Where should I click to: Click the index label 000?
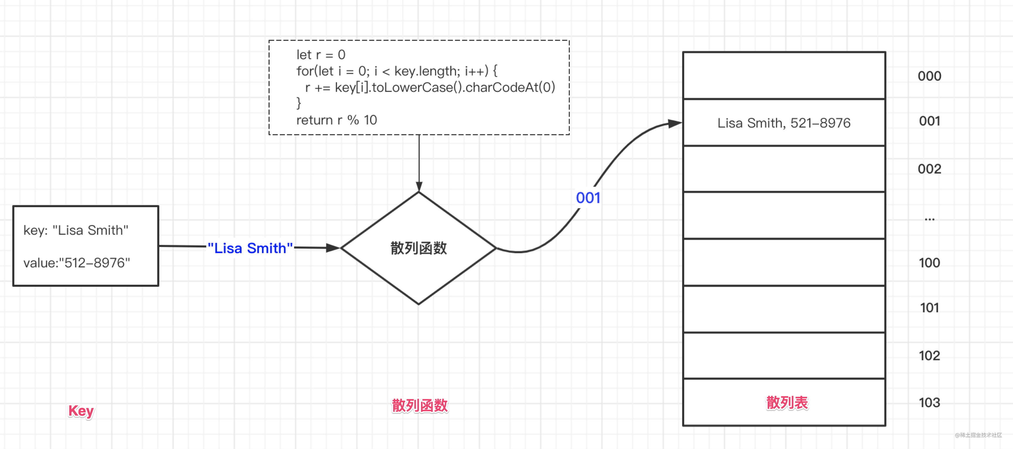929,76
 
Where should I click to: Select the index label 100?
929,263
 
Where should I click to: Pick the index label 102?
929,355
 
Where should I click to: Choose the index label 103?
929,402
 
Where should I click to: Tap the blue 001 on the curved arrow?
588,198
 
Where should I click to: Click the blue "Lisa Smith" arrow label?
250,248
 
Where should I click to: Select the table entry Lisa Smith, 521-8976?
784,123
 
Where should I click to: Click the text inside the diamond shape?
418,248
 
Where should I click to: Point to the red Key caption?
81,411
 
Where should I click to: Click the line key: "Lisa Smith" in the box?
76,230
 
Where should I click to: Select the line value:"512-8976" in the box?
77,263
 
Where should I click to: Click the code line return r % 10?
337,120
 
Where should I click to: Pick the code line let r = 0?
321,55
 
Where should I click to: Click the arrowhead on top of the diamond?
419,186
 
